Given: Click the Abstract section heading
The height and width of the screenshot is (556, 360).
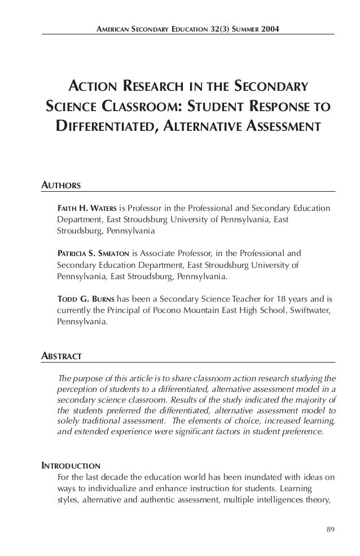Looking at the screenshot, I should tap(63, 356).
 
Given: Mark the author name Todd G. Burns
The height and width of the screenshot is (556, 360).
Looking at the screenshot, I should tap(86, 297).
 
